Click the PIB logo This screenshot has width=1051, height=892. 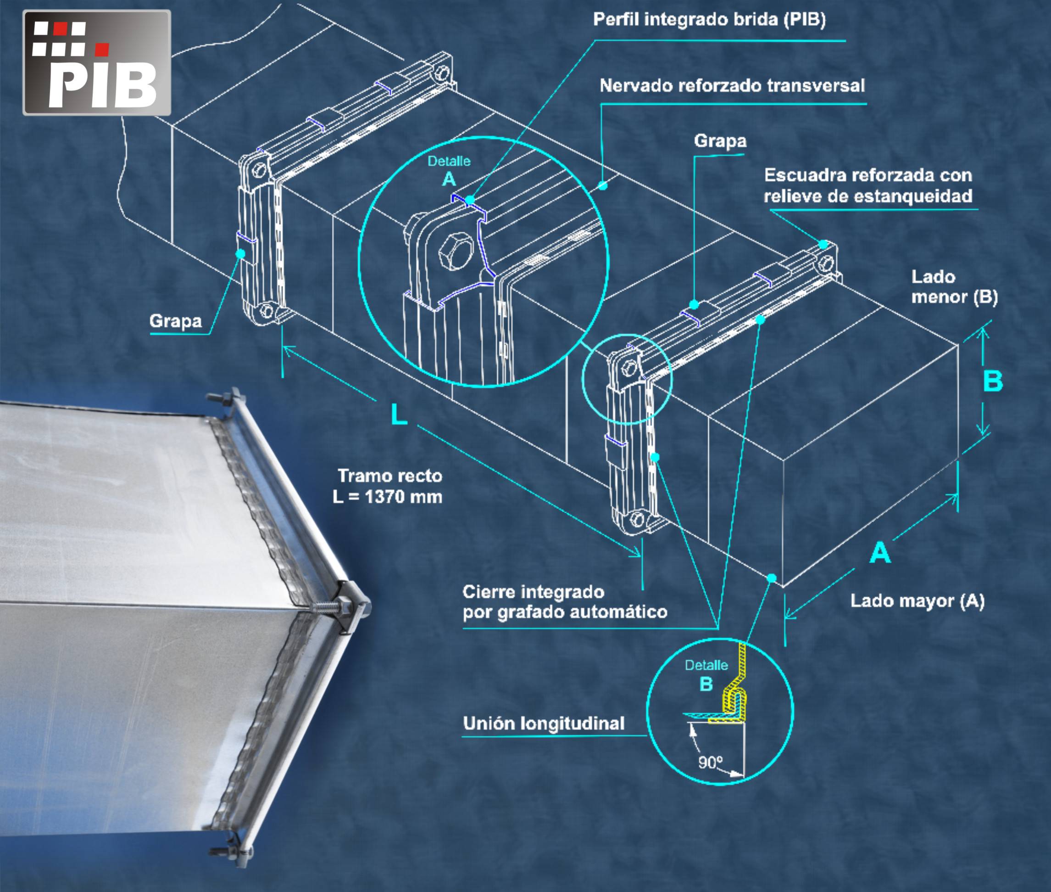(97, 63)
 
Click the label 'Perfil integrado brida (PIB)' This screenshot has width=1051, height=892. (709, 20)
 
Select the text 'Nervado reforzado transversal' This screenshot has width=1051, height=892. (732, 85)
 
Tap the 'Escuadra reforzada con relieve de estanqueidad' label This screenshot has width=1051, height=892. (868, 185)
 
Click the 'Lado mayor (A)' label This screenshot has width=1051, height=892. (918, 601)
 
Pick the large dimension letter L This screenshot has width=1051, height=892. (399, 415)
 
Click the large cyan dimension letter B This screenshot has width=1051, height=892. (993, 381)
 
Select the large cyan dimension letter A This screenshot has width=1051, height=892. (880, 553)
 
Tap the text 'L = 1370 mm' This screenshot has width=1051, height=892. (388, 497)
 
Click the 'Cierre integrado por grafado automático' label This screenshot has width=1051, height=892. (565, 602)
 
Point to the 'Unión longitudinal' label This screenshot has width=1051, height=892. (544, 723)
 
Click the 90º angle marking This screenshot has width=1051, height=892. (710, 762)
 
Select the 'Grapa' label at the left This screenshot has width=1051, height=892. (175, 320)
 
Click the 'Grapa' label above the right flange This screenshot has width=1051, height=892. (720, 140)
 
